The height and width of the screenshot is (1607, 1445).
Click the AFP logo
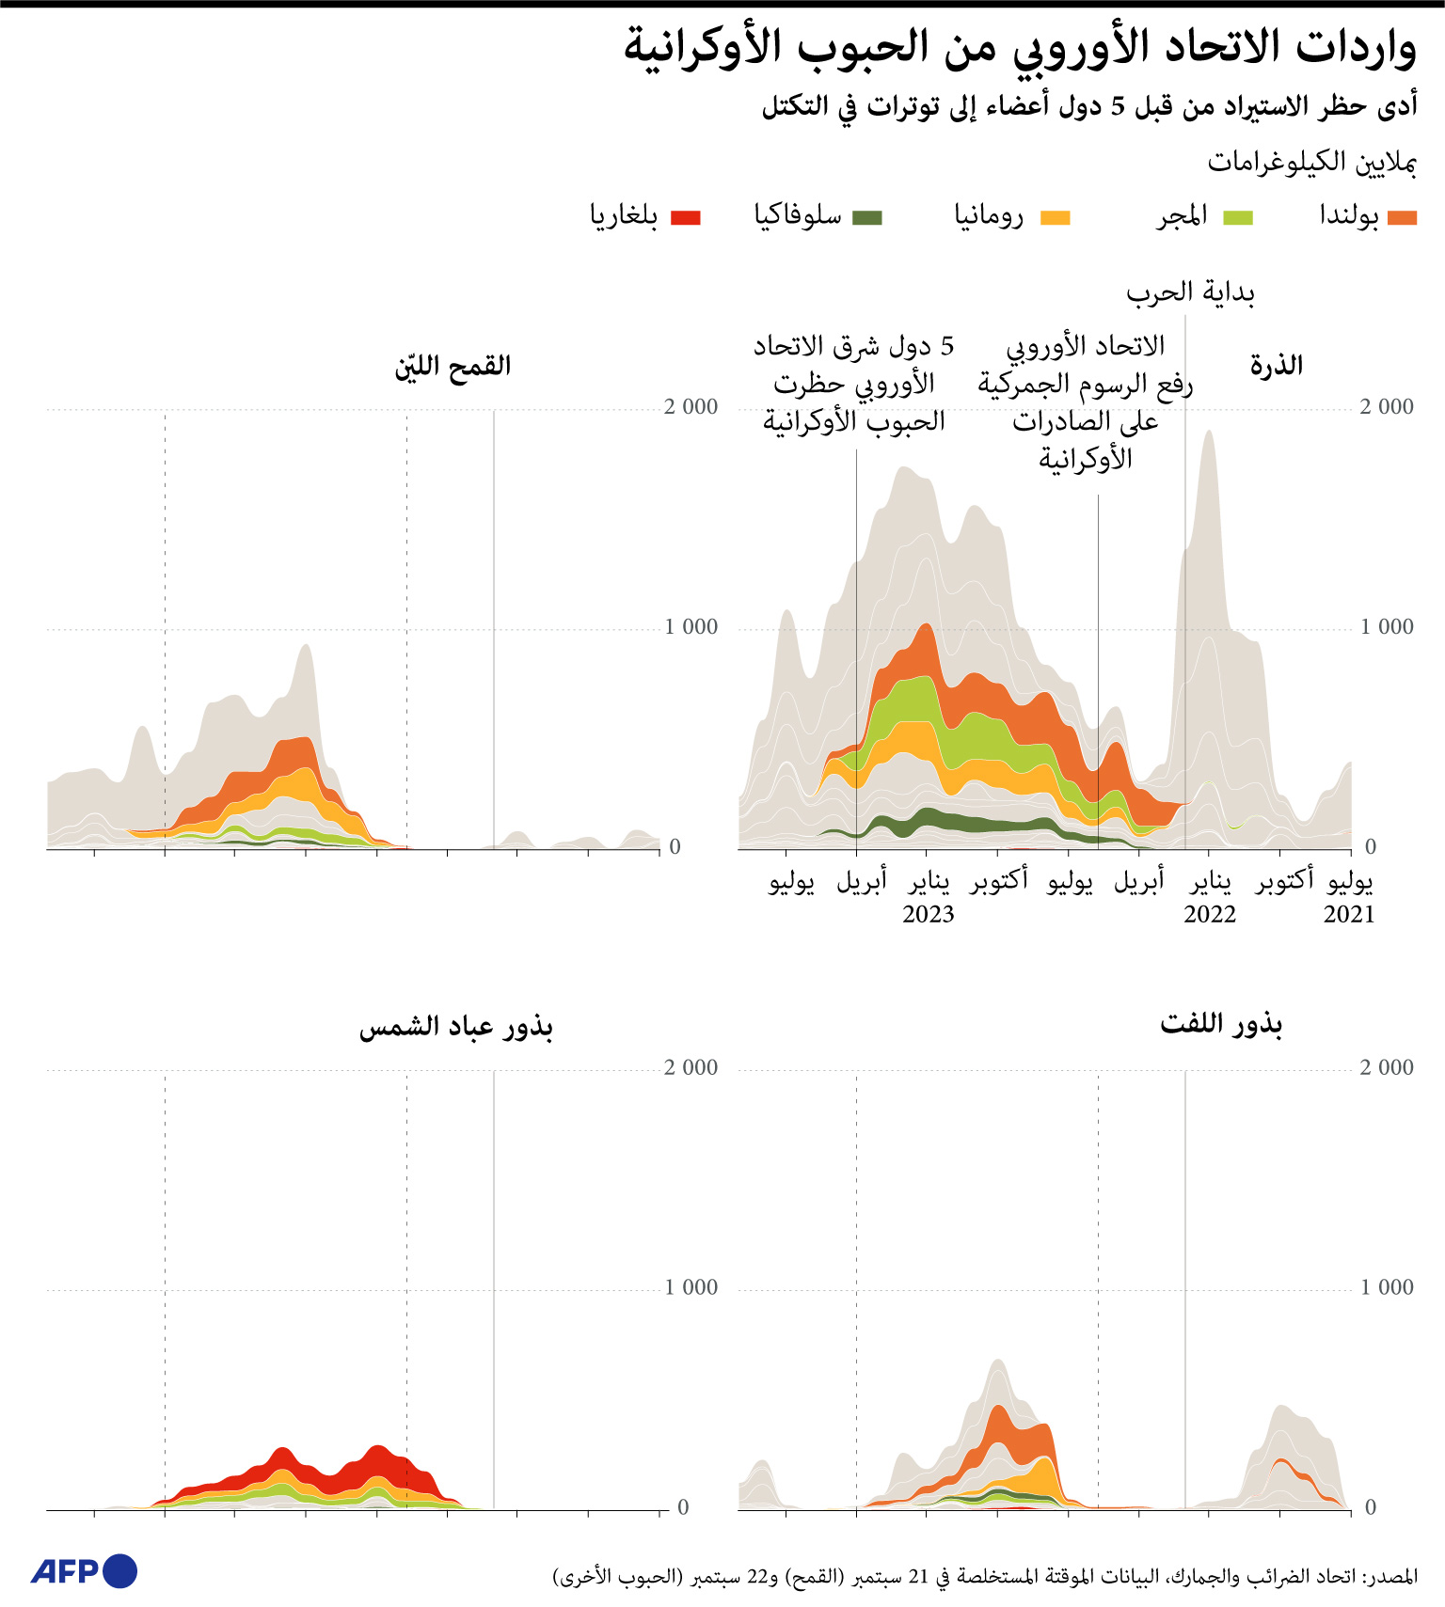coord(84,1571)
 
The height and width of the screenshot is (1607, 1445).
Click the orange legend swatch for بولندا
coord(1402,218)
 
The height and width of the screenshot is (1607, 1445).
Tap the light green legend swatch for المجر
coord(1237,218)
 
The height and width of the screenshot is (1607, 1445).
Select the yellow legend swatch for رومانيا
coord(1055,218)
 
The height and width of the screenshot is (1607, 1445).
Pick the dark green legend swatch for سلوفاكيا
coord(866,218)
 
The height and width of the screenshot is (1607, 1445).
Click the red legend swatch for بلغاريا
coord(685,218)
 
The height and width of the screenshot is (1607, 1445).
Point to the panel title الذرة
coord(1276,366)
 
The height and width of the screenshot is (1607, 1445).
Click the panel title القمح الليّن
coord(453,366)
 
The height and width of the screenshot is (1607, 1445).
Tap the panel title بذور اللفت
coord(1221,1023)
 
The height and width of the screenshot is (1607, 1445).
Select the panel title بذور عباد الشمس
coord(455,1026)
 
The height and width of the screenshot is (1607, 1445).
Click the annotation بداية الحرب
coord(1190,293)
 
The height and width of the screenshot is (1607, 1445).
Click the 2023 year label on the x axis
coord(928,914)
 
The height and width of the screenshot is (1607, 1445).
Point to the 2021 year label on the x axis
coord(1348,914)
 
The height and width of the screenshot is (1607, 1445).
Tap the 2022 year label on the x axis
coord(1209,914)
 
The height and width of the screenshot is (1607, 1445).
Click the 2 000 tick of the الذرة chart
coord(1386,407)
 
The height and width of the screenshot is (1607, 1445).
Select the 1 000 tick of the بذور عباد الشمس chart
coord(691,1287)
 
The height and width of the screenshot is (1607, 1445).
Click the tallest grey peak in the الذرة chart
coord(1209,434)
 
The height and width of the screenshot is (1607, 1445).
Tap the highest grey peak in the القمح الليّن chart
coord(305,649)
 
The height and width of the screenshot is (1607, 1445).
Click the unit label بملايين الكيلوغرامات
coord(1311,163)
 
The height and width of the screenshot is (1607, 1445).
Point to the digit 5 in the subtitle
coord(1117,106)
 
